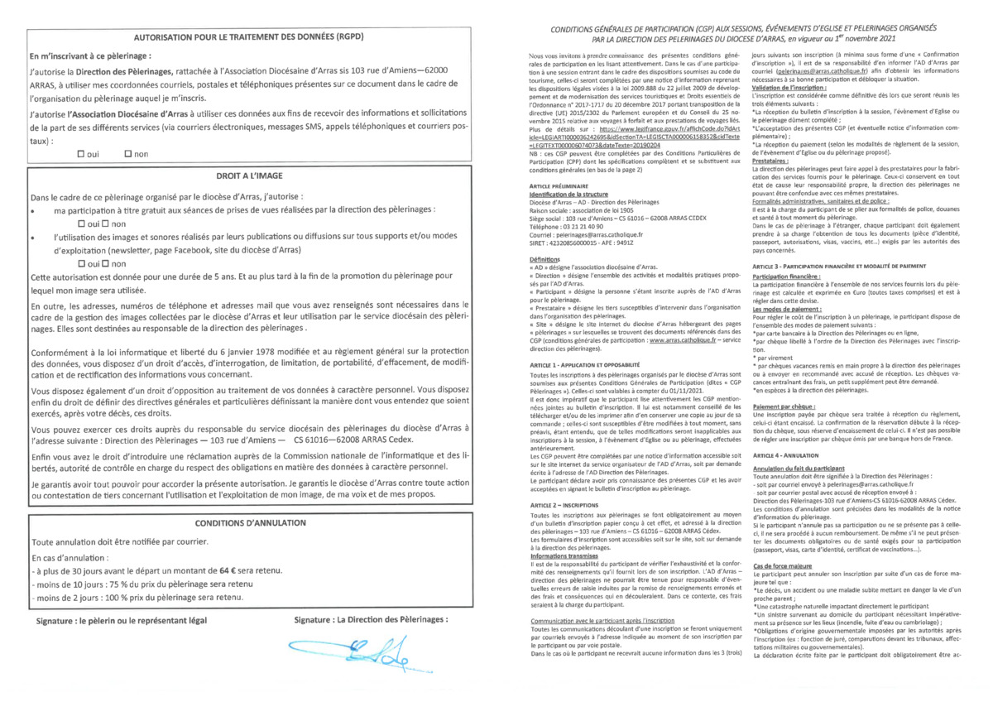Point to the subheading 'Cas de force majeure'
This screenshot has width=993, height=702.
[x=781, y=565]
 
